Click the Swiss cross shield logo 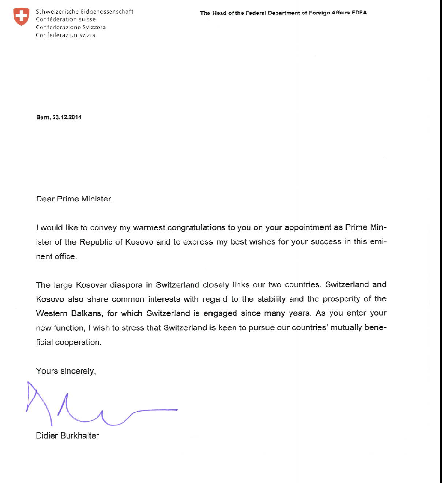click(21, 16)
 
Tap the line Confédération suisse click(59, 19)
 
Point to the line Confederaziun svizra click(66, 35)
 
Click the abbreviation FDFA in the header click(359, 13)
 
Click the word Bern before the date click(43, 117)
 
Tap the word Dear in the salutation click(45, 199)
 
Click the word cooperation click(79, 342)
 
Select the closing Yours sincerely click(66, 371)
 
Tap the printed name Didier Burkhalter click(68, 436)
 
